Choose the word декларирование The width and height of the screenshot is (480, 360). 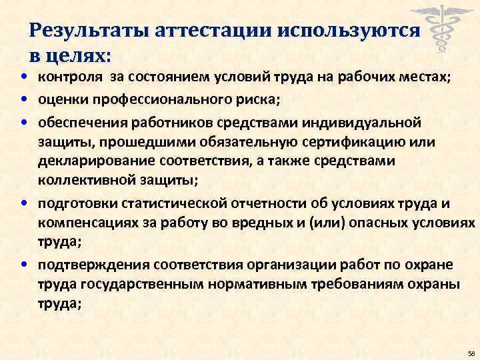(x=103, y=161)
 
